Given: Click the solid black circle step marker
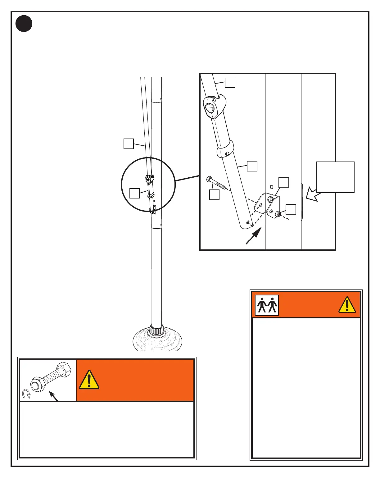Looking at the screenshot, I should pyautogui.click(x=24, y=23).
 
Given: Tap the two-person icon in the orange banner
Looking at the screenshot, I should pyautogui.click(x=267, y=305).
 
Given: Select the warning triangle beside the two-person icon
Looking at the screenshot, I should pyautogui.click(x=347, y=305).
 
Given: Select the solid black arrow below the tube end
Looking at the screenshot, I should pyautogui.click(x=253, y=236).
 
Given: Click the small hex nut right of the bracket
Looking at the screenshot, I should pyautogui.click(x=278, y=214).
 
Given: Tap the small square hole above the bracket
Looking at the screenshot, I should pyautogui.click(x=272, y=187).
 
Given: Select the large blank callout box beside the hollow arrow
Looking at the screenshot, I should pyautogui.click(x=335, y=177).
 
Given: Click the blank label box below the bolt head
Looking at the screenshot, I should pyautogui.click(x=214, y=194).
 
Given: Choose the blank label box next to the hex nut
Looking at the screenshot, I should pyautogui.click(x=291, y=209).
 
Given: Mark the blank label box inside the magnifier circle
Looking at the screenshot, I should pyautogui.click(x=134, y=193).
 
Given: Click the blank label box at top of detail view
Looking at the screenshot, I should pyautogui.click(x=230, y=83).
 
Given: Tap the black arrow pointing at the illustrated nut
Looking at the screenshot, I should pyautogui.click(x=54, y=397).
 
